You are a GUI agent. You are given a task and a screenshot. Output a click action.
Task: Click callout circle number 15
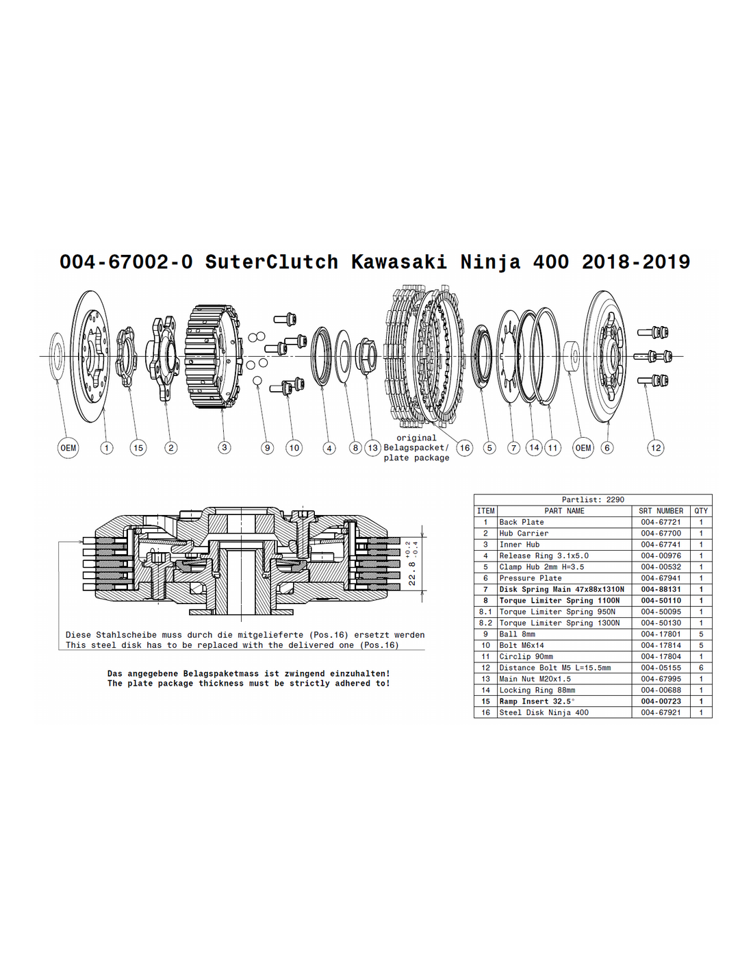click(x=138, y=447)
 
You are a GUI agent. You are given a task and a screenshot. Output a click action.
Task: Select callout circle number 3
click(x=224, y=447)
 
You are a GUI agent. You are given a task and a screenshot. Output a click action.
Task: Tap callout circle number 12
click(x=656, y=447)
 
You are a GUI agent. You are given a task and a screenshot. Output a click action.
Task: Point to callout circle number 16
click(x=465, y=447)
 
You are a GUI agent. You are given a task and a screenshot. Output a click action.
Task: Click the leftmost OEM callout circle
click(x=68, y=448)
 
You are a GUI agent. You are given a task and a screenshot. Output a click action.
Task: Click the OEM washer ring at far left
click(x=56, y=356)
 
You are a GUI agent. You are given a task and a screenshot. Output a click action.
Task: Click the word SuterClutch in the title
click(x=272, y=262)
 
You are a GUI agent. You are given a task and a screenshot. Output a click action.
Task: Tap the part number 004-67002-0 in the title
click(x=126, y=262)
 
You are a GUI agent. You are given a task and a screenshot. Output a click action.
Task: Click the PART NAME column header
click(x=564, y=510)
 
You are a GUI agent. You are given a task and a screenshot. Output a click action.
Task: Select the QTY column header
click(x=701, y=510)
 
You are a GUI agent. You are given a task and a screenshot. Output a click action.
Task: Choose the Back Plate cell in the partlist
click(x=522, y=522)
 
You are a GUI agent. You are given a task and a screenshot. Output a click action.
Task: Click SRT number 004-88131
click(x=661, y=589)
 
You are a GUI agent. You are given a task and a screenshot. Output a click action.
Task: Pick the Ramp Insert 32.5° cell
click(x=537, y=701)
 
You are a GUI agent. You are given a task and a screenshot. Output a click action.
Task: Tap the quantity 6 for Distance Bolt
click(x=701, y=667)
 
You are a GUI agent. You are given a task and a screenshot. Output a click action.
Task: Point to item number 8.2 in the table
click(x=485, y=623)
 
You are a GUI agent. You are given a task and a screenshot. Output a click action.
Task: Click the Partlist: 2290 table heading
click(x=593, y=499)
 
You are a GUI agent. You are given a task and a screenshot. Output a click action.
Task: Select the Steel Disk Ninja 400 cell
click(x=544, y=712)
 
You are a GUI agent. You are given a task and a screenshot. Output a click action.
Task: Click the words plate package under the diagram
click(x=416, y=458)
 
